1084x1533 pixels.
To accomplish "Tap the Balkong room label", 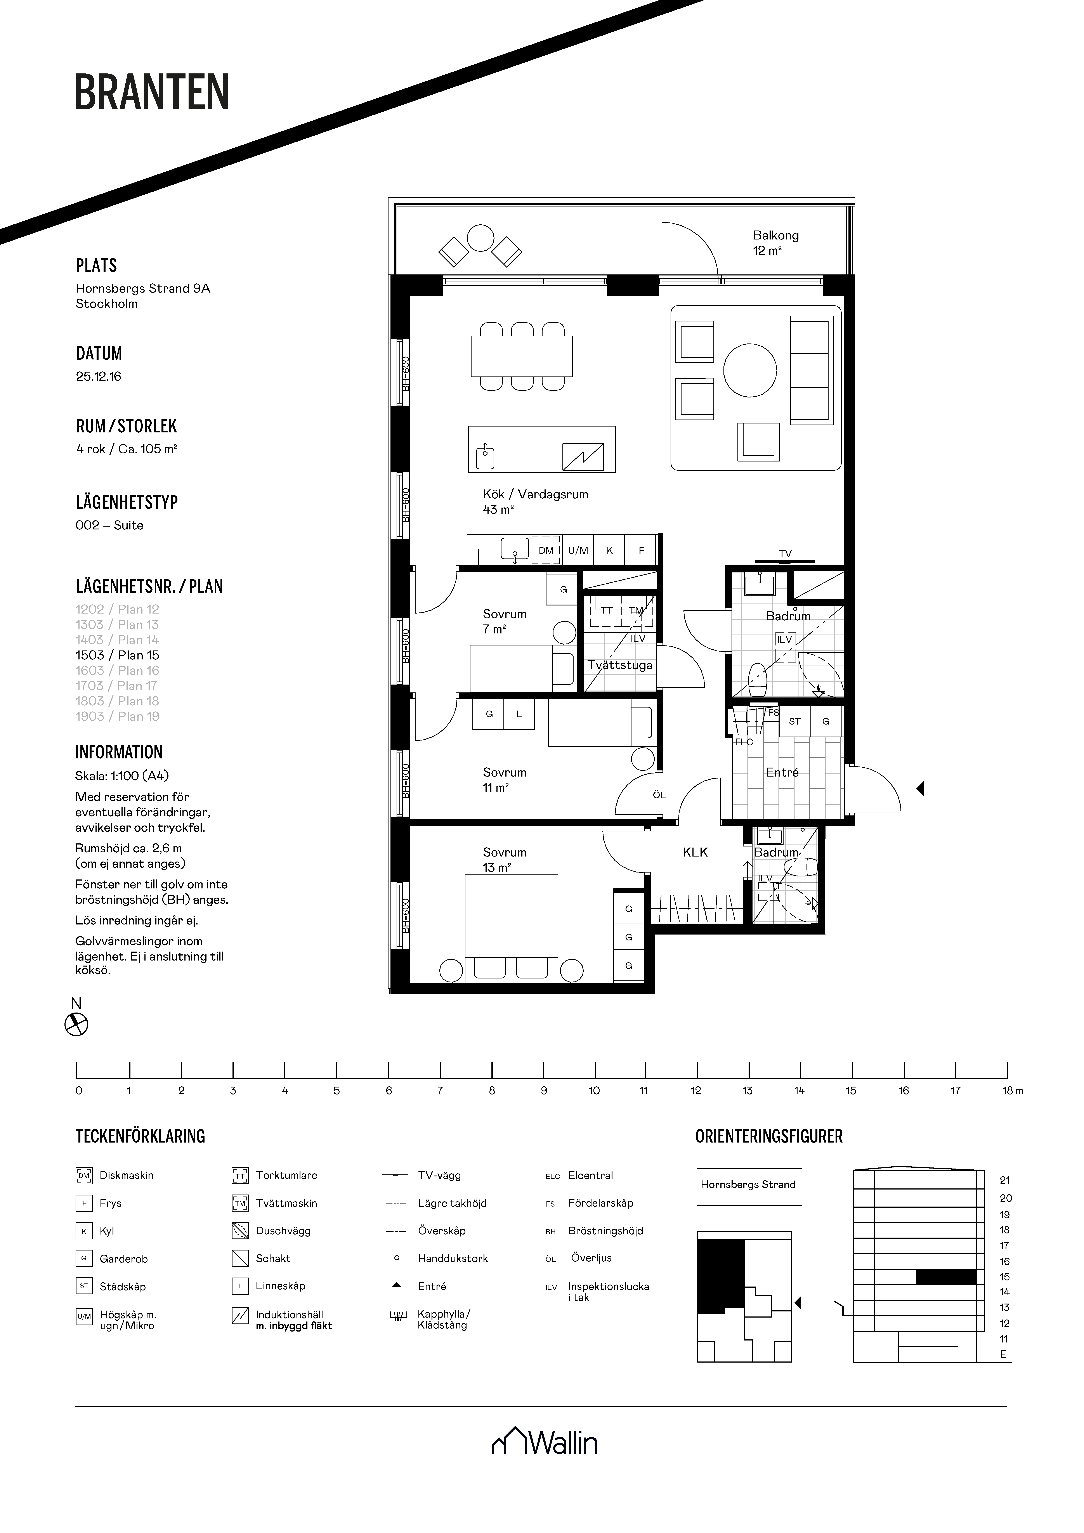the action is click(775, 235).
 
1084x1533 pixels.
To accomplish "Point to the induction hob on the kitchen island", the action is click(583, 457).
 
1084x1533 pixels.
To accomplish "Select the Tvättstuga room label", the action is click(620, 665).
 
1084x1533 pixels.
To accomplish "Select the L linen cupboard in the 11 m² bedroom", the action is click(519, 714).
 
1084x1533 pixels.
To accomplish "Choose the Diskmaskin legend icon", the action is click(83, 1175).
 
